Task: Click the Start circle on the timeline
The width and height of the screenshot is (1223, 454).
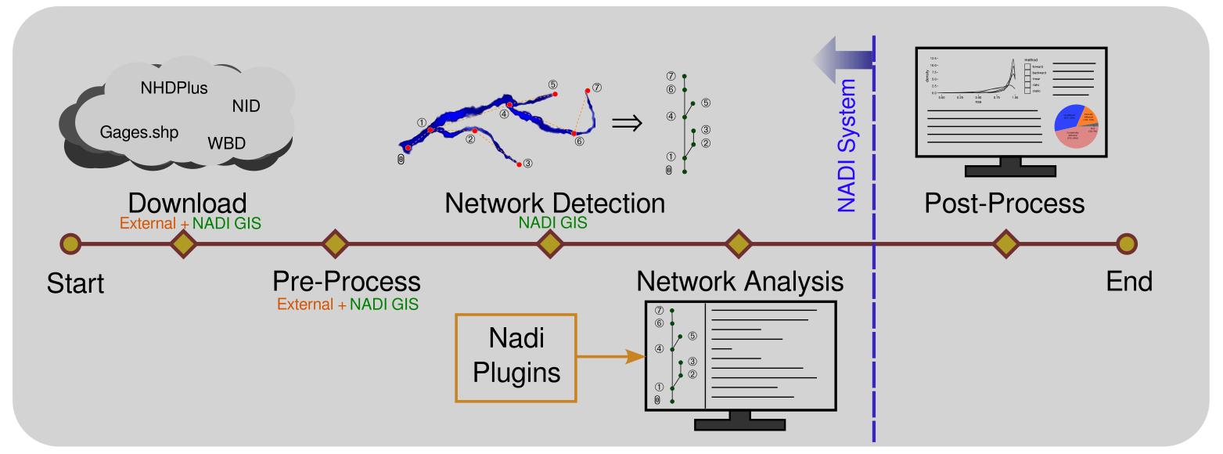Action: click(x=70, y=244)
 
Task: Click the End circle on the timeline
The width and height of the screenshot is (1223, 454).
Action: click(x=1126, y=244)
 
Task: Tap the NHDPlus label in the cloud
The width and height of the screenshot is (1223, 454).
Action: click(x=174, y=88)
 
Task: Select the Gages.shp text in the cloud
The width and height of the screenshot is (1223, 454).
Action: click(x=139, y=132)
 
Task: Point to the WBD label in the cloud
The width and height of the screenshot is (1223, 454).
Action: click(x=227, y=143)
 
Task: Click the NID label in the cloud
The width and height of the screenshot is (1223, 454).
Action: click(x=246, y=106)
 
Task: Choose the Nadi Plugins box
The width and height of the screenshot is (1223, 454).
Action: click(x=516, y=358)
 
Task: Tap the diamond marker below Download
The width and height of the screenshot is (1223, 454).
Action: click(x=184, y=244)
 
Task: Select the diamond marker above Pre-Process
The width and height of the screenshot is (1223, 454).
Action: click(x=335, y=244)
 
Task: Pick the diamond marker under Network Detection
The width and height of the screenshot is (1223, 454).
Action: click(x=551, y=244)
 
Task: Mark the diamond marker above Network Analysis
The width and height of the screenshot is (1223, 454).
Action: click(x=739, y=244)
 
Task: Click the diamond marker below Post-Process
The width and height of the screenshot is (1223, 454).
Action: click(x=1005, y=244)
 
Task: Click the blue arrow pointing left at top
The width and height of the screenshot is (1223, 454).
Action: click(x=843, y=58)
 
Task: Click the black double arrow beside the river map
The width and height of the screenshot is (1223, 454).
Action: click(x=627, y=122)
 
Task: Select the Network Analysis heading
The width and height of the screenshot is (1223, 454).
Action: click(x=740, y=281)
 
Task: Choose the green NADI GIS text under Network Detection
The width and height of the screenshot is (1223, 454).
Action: click(x=553, y=223)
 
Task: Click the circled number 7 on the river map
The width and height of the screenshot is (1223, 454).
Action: click(x=597, y=88)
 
